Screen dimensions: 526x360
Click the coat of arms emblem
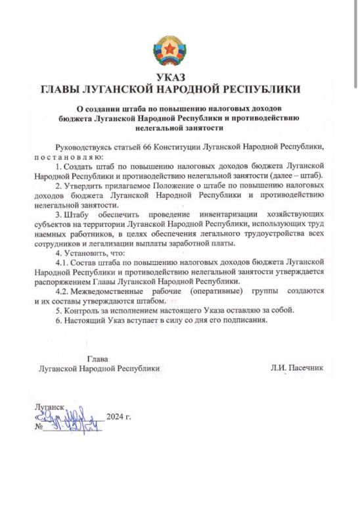(x=170, y=51)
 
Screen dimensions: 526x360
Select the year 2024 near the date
(x=117, y=417)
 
